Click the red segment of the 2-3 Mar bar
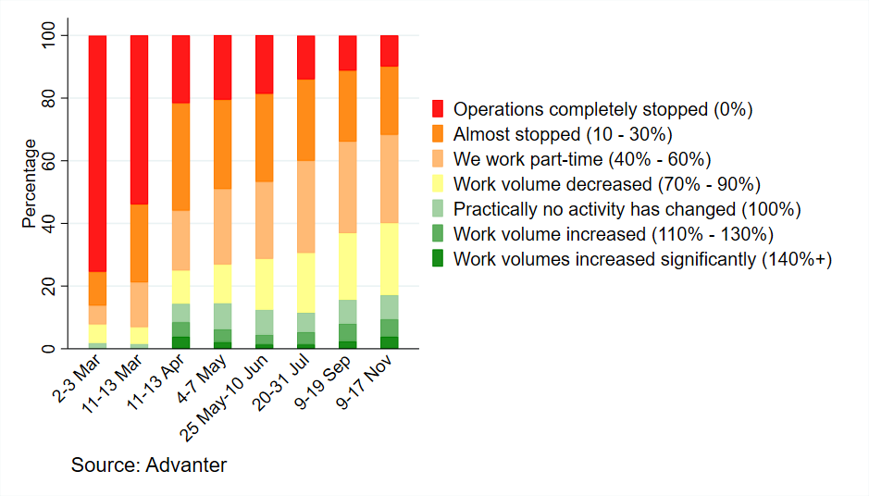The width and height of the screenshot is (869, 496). pos(97,154)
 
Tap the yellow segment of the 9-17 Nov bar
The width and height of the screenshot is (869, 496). pos(389,259)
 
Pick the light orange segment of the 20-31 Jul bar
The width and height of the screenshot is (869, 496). pos(306,206)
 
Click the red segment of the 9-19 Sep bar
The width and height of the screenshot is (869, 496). pos(347,53)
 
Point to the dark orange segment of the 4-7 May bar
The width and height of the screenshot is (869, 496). pos(223,144)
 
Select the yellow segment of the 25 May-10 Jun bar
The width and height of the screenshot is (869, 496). pos(265,284)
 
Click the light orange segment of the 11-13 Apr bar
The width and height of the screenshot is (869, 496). pos(180,241)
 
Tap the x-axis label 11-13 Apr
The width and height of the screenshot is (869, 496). pos(155,382)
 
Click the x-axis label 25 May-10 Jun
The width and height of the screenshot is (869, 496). pos(224,398)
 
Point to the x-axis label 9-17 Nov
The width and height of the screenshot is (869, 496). pos(364,382)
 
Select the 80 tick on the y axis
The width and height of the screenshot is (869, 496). pos(49,98)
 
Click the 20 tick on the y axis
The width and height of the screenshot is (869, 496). pos(49,286)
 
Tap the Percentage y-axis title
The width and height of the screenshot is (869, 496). pos(29,183)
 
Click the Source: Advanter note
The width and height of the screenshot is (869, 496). pos(149,465)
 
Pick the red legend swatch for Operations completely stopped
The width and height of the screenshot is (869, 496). pos(438,108)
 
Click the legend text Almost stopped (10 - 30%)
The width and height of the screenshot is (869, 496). pos(563,134)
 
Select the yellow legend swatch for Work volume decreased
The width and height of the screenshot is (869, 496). pos(438,183)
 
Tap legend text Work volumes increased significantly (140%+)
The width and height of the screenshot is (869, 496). pos(643,259)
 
